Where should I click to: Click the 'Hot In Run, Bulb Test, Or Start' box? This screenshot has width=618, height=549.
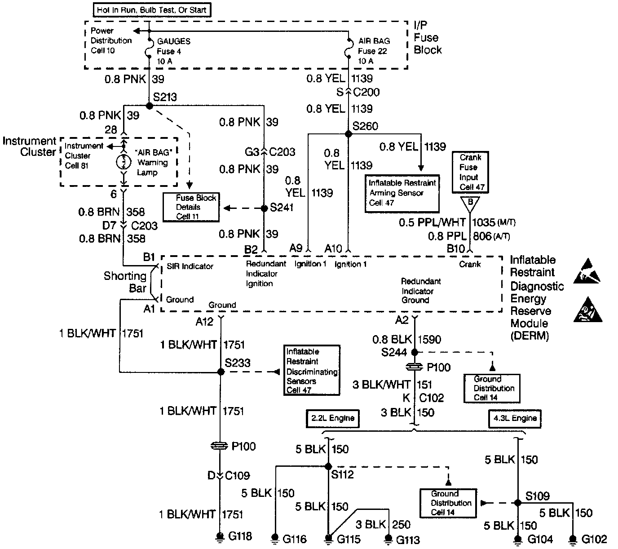[152, 9]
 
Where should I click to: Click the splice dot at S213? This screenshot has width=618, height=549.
[150, 106]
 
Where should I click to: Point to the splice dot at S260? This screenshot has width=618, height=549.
[348, 134]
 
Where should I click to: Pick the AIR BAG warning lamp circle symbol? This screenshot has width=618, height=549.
[124, 162]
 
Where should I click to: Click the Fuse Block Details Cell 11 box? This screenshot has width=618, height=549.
[191, 207]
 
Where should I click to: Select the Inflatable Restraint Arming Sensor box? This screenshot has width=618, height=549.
[402, 193]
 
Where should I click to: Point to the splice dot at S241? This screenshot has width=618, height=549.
[264, 208]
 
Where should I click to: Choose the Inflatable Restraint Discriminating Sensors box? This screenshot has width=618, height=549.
[312, 371]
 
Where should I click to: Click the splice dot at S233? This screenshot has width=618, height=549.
[221, 372]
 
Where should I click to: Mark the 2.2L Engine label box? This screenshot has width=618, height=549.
[332, 418]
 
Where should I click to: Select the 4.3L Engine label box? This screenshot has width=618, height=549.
[515, 418]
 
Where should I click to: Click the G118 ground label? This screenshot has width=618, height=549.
[240, 536]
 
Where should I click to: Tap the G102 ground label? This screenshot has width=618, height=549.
[594, 539]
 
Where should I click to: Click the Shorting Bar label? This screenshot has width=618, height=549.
[125, 282]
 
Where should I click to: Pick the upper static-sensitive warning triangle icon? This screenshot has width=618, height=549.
[587, 270]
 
